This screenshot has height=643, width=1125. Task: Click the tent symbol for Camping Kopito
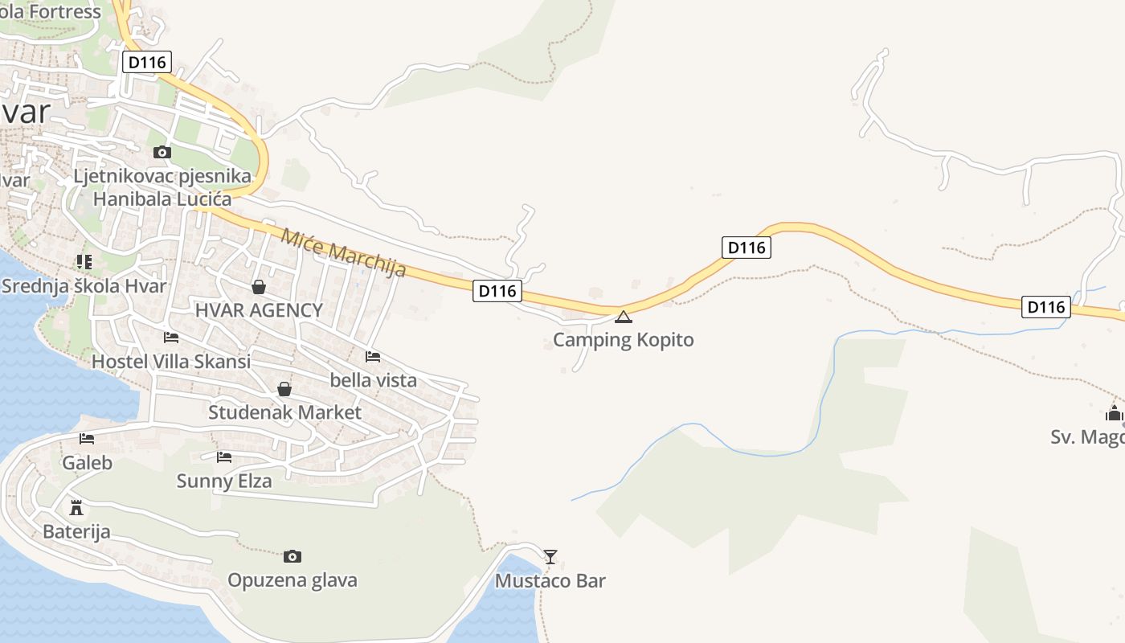pyautogui.click(x=624, y=317)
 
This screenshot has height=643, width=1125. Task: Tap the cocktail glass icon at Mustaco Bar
pyautogui.click(x=550, y=556)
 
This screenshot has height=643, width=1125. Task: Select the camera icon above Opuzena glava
pyautogui.click(x=292, y=556)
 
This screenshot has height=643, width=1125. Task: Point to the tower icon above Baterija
pyautogui.click(x=76, y=507)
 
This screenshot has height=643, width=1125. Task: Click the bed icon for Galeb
pyautogui.click(x=87, y=439)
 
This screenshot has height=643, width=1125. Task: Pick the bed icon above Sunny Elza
pyautogui.click(x=224, y=457)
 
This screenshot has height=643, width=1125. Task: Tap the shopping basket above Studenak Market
pyautogui.click(x=284, y=390)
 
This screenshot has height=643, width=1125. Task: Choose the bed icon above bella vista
pyautogui.click(x=373, y=356)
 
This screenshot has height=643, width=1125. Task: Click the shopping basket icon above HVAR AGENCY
pyautogui.click(x=259, y=287)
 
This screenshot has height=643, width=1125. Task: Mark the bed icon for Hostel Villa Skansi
pyautogui.click(x=171, y=338)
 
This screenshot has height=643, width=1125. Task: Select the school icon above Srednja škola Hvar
pyautogui.click(x=84, y=261)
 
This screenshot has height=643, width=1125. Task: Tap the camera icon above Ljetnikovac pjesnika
pyautogui.click(x=162, y=152)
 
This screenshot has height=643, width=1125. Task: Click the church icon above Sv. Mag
pyautogui.click(x=1114, y=414)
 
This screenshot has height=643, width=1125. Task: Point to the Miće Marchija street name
pyautogui.click(x=343, y=252)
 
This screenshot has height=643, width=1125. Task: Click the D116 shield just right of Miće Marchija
pyautogui.click(x=497, y=291)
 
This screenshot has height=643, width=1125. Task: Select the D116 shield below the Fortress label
pyautogui.click(x=147, y=62)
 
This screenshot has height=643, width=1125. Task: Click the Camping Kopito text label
pyautogui.click(x=623, y=340)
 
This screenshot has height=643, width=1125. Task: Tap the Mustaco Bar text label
pyautogui.click(x=550, y=581)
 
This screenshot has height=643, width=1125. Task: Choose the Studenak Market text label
pyautogui.click(x=284, y=413)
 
